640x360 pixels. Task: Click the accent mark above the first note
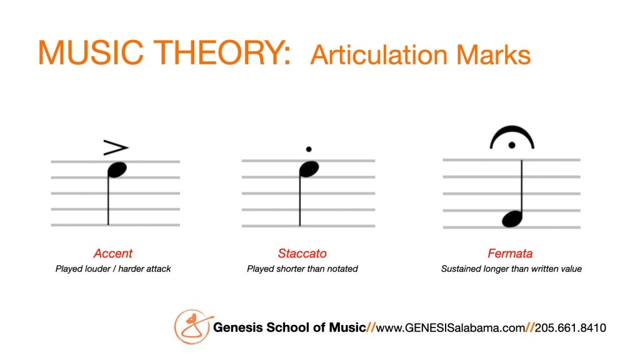click(x=116, y=147)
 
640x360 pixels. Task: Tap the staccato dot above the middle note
click(x=309, y=149)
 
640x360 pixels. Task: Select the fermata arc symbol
click(x=512, y=132)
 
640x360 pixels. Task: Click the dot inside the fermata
click(x=512, y=145)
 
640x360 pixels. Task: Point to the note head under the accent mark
click(x=117, y=170)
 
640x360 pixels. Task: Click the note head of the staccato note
click(x=309, y=169)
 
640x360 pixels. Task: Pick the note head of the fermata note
click(x=512, y=219)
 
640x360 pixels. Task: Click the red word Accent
click(x=113, y=254)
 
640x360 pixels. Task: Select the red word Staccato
click(x=302, y=254)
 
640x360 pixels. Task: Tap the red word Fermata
click(x=510, y=254)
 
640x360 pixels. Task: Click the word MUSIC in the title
click(x=91, y=52)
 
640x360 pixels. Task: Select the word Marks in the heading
click(x=494, y=55)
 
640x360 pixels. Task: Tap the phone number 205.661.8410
click(x=570, y=327)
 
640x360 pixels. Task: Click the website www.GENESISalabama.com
click(x=450, y=327)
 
